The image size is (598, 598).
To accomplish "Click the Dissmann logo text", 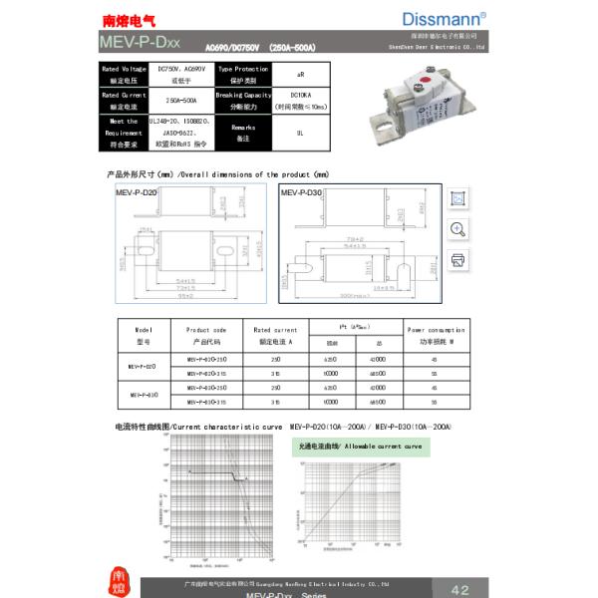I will (x=445, y=19).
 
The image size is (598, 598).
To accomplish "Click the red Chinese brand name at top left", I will (x=136, y=20).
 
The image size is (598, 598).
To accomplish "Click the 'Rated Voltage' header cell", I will (x=125, y=74).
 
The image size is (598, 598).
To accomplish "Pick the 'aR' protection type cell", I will (x=300, y=74).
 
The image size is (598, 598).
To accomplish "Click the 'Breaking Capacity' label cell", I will (x=243, y=101).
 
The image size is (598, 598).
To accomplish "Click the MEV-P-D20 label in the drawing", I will (x=135, y=191).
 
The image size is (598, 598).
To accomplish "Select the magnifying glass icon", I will (x=458, y=229).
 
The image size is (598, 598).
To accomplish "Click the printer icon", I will (x=458, y=260).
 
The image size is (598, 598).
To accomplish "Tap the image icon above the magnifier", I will (x=458, y=198).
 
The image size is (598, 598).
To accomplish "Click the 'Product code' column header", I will (x=206, y=335).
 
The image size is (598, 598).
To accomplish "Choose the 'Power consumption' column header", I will (x=435, y=335).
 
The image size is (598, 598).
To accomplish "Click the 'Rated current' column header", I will (x=275, y=335).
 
